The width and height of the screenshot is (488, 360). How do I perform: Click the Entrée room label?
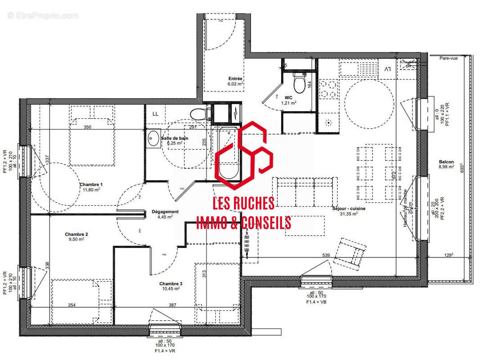click(235, 79)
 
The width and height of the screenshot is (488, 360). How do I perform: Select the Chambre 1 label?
click(91, 184)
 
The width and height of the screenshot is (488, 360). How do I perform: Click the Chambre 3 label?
click(170, 283)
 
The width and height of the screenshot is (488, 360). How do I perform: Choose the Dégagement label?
click(165, 211)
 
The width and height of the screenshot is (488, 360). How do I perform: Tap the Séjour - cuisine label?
click(349, 209)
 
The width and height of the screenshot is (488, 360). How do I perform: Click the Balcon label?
click(447, 162)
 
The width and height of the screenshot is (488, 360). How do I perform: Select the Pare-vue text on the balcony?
click(448, 58)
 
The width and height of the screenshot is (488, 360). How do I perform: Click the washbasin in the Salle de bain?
click(154, 138)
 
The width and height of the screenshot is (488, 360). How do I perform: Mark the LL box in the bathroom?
click(155, 114)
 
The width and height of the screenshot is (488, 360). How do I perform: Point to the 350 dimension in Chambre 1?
click(87, 127)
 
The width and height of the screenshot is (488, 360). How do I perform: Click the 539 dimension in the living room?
click(326, 255)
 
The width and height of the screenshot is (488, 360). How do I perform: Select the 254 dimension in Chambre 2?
click(72, 306)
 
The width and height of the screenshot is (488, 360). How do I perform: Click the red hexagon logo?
click(243, 155)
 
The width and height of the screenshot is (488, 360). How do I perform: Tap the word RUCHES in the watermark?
click(251, 204)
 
